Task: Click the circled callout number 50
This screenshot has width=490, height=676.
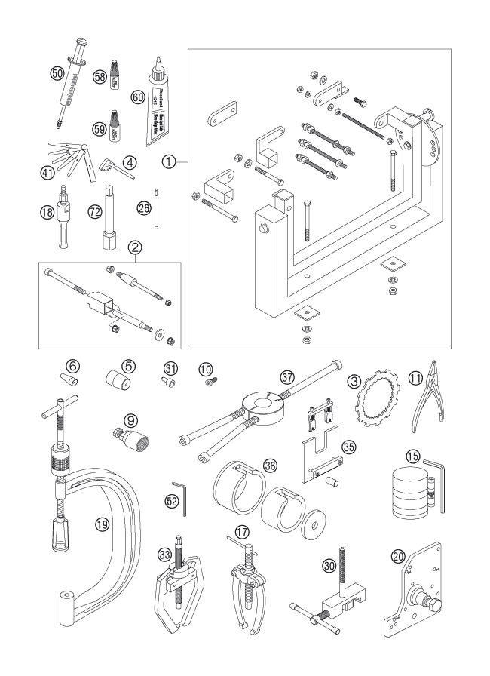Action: point(56,72)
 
